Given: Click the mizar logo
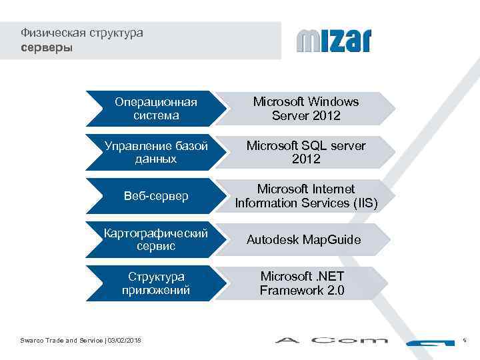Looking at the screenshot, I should click(333, 41).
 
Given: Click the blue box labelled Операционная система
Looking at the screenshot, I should click(156, 109).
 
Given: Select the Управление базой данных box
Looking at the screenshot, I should click(156, 153).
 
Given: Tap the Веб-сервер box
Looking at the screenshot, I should click(156, 196).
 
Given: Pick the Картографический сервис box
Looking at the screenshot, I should click(156, 239).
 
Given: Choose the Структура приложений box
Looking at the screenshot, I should click(156, 283).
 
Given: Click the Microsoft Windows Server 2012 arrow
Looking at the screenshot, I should click(307, 109).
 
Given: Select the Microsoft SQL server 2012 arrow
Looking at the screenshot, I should click(307, 153).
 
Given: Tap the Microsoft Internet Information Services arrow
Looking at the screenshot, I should click(307, 196).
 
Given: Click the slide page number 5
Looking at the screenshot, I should click(465, 341).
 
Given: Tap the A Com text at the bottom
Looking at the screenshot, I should click(331, 341).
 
